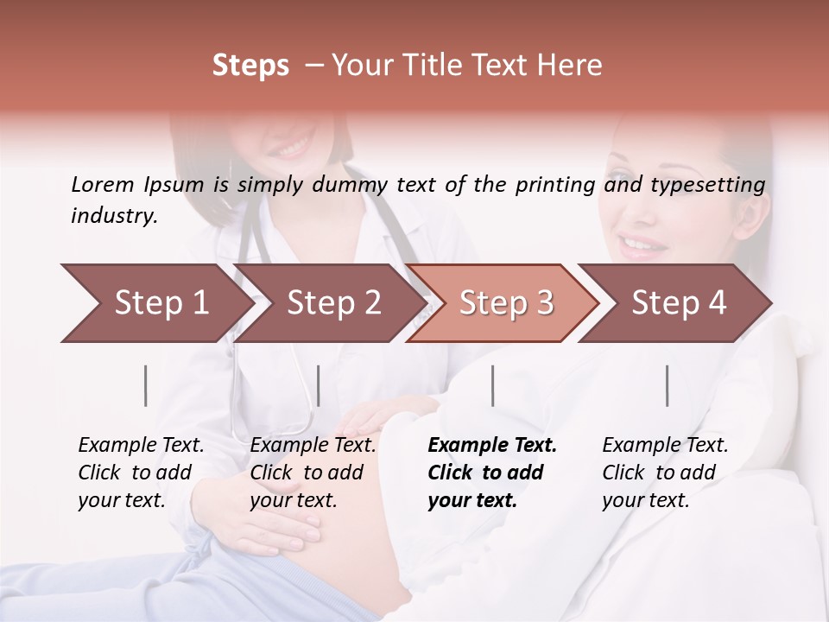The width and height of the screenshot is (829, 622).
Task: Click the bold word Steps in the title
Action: point(250,66)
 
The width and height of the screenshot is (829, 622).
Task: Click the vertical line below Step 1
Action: point(146,385)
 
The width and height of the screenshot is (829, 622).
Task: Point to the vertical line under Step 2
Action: point(319,385)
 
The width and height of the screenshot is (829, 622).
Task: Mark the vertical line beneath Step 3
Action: point(492,385)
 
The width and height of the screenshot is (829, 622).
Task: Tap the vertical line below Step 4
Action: point(667,385)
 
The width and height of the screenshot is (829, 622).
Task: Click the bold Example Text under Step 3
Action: point(492,446)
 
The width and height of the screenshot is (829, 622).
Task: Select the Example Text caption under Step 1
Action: point(141,446)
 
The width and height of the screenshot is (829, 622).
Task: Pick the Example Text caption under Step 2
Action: point(313,446)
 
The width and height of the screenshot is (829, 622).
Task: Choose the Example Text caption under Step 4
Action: point(665,446)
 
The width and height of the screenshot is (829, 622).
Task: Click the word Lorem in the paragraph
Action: point(103,184)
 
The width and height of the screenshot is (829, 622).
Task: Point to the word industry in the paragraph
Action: point(114,216)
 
